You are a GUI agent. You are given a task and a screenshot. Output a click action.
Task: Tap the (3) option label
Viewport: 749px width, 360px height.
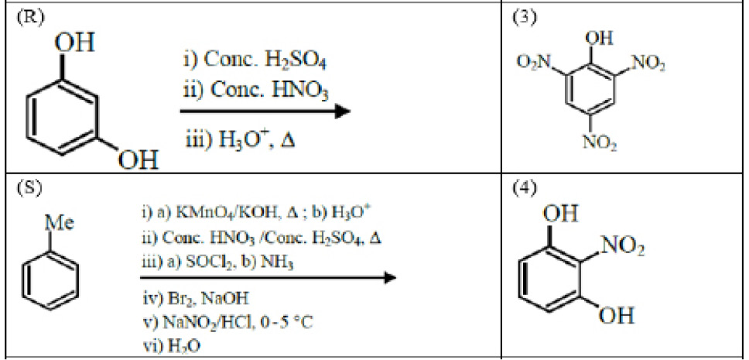click(x=524, y=18)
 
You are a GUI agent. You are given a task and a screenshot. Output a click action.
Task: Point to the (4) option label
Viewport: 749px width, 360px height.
click(x=524, y=188)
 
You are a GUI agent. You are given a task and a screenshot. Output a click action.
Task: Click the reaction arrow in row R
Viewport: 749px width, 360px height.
click(x=265, y=111)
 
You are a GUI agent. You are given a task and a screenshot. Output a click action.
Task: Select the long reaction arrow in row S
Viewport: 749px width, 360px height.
click(x=268, y=277)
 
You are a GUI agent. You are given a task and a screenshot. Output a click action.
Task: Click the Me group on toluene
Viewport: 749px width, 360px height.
click(x=60, y=223)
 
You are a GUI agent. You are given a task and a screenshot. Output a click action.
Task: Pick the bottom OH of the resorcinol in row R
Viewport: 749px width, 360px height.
click(x=138, y=160)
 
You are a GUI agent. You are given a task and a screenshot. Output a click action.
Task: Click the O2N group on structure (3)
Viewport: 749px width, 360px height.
click(x=533, y=62)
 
